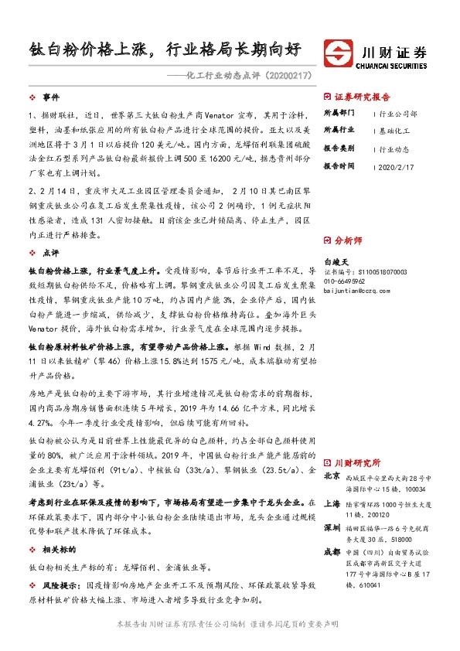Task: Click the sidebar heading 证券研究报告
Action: pyautogui.click(x=362, y=97)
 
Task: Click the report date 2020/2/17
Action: pyautogui.click(x=397, y=166)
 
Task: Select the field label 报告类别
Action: pyautogui.click(x=339, y=148)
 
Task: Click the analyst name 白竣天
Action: pyautogui.click(x=338, y=263)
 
